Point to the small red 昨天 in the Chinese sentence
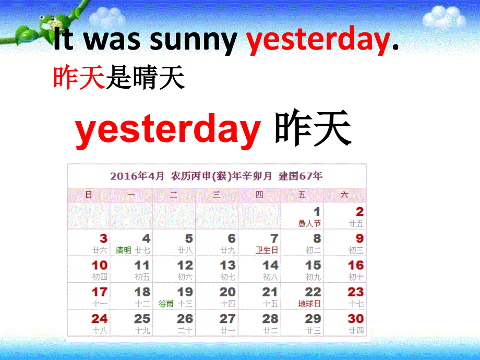(79, 79)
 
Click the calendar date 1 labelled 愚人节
(316, 212)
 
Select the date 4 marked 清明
(146, 239)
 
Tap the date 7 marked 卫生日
(274, 239)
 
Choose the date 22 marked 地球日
(313, 292)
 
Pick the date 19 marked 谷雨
(185, 292)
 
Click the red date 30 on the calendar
(355, 319)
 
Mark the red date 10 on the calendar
(99, 266)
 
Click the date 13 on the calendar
(227, 266)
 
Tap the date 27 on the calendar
(227, 319)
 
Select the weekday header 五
(302, 195)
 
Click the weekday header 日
(89, 195)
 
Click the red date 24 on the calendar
(99, 319)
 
